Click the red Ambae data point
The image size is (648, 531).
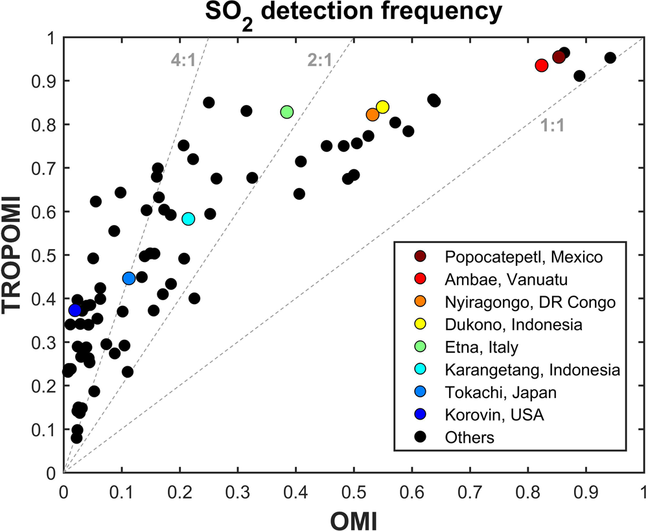click(x=542, y=65)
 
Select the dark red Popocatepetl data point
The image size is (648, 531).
click(x=559, y=58)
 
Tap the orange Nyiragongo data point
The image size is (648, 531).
click(x=373, y=115)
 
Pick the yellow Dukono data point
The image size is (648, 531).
click(x=382, y=107)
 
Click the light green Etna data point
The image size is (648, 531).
click(x=287, y=112)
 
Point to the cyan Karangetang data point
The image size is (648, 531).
click(x=189, y=218)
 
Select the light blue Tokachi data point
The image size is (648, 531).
click(x=128, y=279)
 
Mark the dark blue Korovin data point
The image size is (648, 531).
click(x=75, y=311)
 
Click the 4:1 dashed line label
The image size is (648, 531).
click(x=183, y=61)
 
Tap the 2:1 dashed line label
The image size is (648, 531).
click(x=319, y=61)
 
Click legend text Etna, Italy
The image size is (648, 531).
click(x=481, y=347)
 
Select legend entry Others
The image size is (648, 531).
click(x=469, y=437)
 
